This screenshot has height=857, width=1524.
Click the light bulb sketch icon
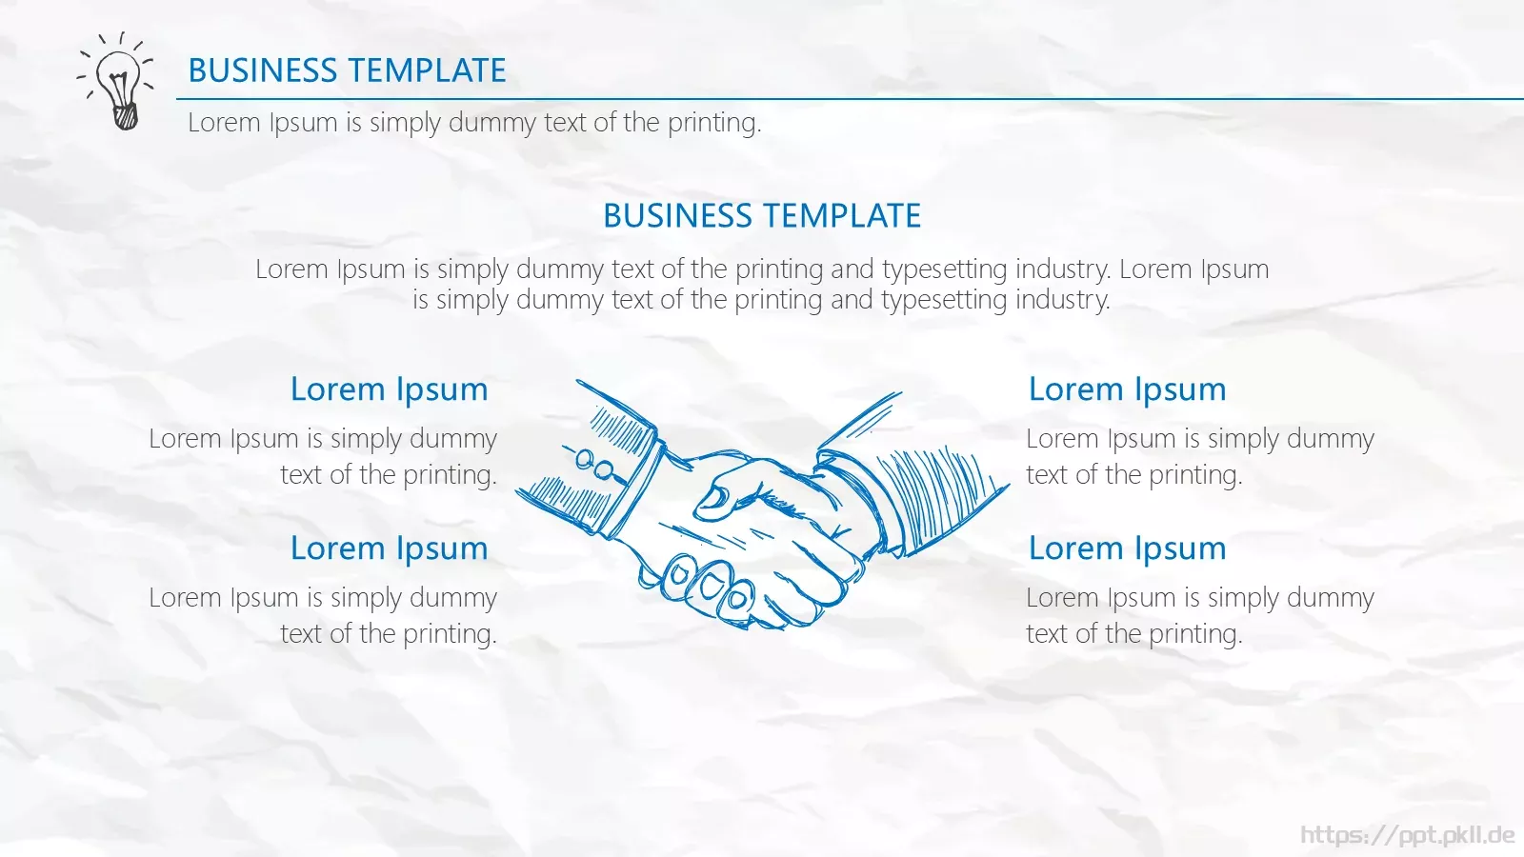tap(115, 80)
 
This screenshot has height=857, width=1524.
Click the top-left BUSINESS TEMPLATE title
tap(347, 70)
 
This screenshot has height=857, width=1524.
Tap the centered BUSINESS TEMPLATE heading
tap(762, 215)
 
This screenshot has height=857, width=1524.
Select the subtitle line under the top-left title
tap(474, 123)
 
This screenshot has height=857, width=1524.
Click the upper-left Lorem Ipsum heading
tap(390, 389)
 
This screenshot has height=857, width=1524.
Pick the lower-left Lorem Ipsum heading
tap(390, 548)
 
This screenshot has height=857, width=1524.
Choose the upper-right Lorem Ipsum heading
tap(1128, 389)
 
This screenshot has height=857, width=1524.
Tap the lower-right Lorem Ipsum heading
tap(1128, 548)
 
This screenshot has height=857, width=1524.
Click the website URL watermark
tap(1407, 834)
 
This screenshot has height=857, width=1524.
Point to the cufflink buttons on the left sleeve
tap(592, 464)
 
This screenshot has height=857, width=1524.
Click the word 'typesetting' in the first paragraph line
tap(944, 270)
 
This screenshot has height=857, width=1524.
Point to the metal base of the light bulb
tap(126, 116)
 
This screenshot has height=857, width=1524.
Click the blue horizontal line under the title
tap(850, 99)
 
